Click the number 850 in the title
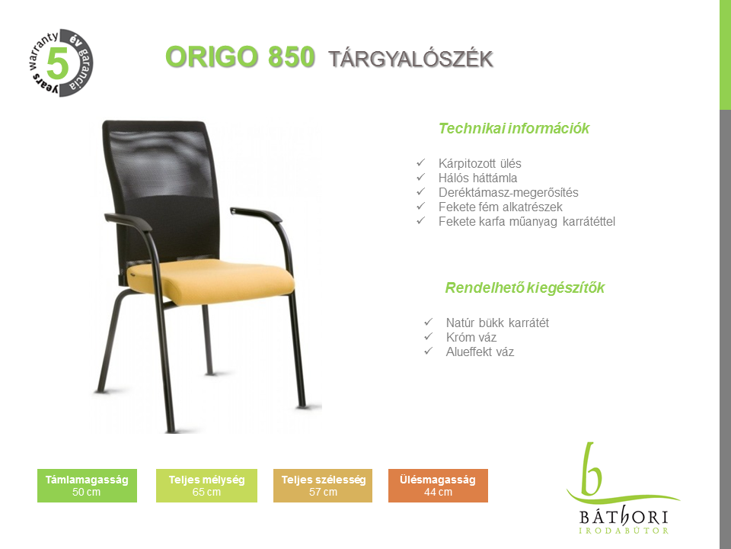(292, 57)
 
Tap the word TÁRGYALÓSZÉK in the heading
(410, 59)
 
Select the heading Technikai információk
(514, 128)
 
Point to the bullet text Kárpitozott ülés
(480, 163)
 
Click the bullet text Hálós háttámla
(477, 178)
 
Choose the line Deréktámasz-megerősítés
(508, 192)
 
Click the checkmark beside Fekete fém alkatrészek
(421, 206)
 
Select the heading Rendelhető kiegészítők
(525, 287)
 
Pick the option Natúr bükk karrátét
(497, 323)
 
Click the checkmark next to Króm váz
(429, 336)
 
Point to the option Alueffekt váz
(480, 352)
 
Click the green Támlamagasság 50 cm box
(87, 486)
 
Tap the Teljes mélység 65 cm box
(206, 486)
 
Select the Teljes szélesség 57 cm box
(323, 486)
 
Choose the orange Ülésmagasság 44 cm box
(439, 486)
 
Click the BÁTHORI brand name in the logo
(624, 517)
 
